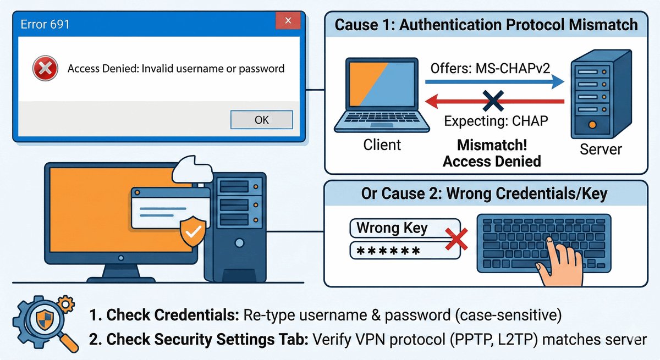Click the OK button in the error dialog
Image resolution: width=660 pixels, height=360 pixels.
point(261,119)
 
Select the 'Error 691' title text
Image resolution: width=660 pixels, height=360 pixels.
point(45,24)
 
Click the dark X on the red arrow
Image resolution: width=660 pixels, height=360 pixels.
point(489,101)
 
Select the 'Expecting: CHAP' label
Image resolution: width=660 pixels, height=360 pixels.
point(496,121)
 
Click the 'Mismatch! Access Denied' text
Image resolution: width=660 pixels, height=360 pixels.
point(492,154)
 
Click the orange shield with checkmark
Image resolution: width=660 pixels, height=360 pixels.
point(193,232)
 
